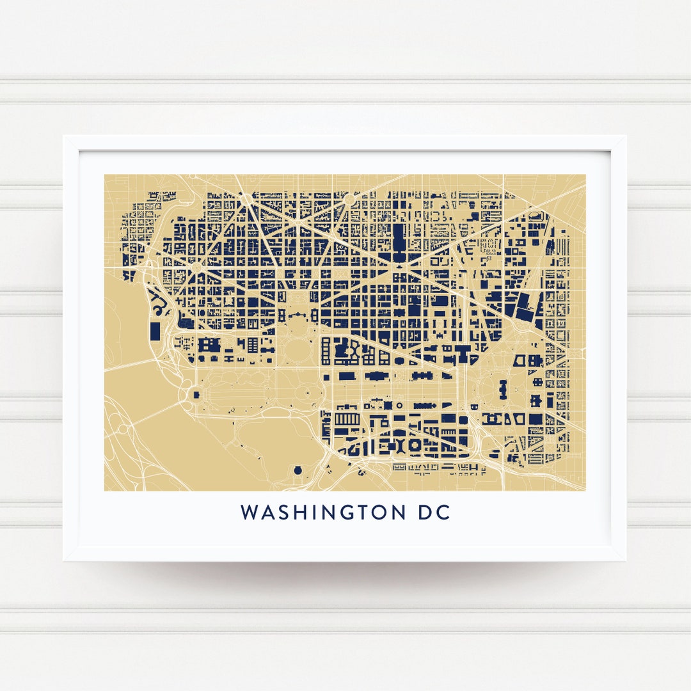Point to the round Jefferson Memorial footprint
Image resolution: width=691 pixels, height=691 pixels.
coord(298,471)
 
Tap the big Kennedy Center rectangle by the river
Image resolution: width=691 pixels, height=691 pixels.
coord(155,331)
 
